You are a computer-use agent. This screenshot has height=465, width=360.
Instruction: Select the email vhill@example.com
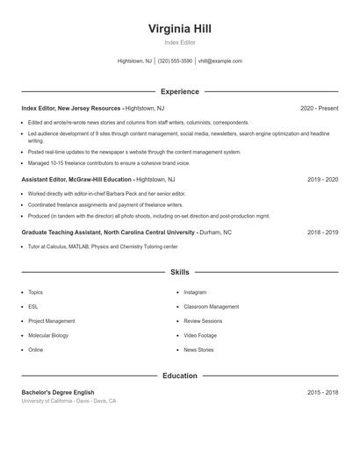coord(220,61)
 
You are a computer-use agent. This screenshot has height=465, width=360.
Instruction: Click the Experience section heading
coord(180,91)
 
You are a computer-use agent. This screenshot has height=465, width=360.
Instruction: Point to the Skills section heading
coord(180,273)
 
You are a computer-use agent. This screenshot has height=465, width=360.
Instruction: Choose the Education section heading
coord(180,376)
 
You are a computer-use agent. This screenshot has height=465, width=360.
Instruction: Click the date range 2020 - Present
coord(319,108)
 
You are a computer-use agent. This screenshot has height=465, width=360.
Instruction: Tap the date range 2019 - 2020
coord(322,179)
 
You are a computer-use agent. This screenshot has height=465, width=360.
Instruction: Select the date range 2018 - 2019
coord(322,232)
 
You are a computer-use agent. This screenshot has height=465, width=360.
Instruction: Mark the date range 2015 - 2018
coord(322,392)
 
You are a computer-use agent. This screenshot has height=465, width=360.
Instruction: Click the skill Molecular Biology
coord(48,335)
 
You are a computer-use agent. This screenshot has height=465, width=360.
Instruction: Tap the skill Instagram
coord(195,292)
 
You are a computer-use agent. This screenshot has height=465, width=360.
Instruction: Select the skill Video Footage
coord(199,335)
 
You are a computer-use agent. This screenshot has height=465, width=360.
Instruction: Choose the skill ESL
coord(33,307)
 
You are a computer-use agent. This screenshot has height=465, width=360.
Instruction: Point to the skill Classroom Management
coord(211,307)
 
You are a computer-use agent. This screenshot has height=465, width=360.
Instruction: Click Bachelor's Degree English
coord(58,392)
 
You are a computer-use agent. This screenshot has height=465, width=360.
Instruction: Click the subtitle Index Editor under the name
coord(180,42)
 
